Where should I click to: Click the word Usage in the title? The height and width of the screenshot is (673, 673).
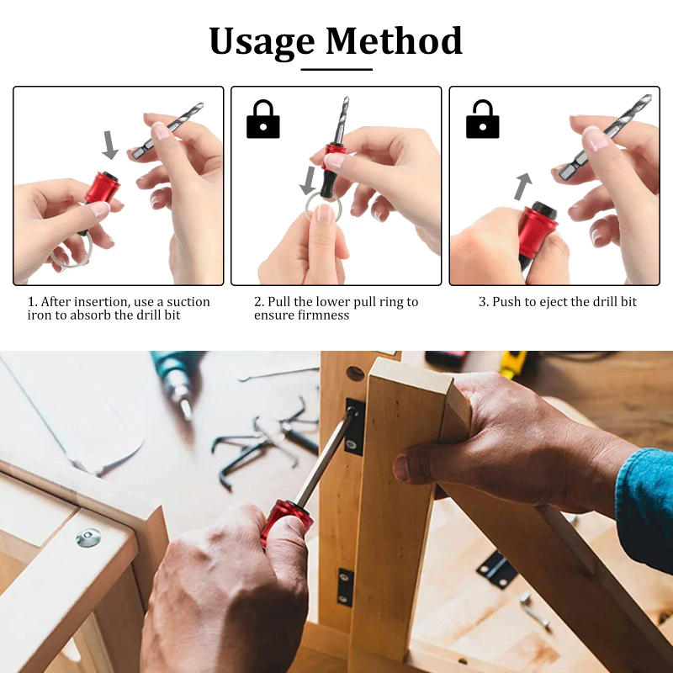pyautogui.click(x=262, y=40)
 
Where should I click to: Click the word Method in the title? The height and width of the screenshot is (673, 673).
pyautogui.click(x=394, y=40)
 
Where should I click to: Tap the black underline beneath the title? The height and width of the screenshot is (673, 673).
pyautogui.click(x=336, y=69)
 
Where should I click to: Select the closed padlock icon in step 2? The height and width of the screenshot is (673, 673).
pyautogui.click(x=262, y=119)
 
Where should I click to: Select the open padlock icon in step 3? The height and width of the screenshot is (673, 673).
pyautogui.click(x=482, y=119)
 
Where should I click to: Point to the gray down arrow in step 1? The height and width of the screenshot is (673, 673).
pyautogui.click(x=110, y=145)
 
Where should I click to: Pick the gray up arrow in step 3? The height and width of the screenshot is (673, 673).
pyautogui.click(x=523, y=185)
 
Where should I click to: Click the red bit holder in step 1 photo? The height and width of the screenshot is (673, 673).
pyautogui.click(x=102, y=188)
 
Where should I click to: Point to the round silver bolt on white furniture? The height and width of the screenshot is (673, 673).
pyautogui.click(x=87, y=538)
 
